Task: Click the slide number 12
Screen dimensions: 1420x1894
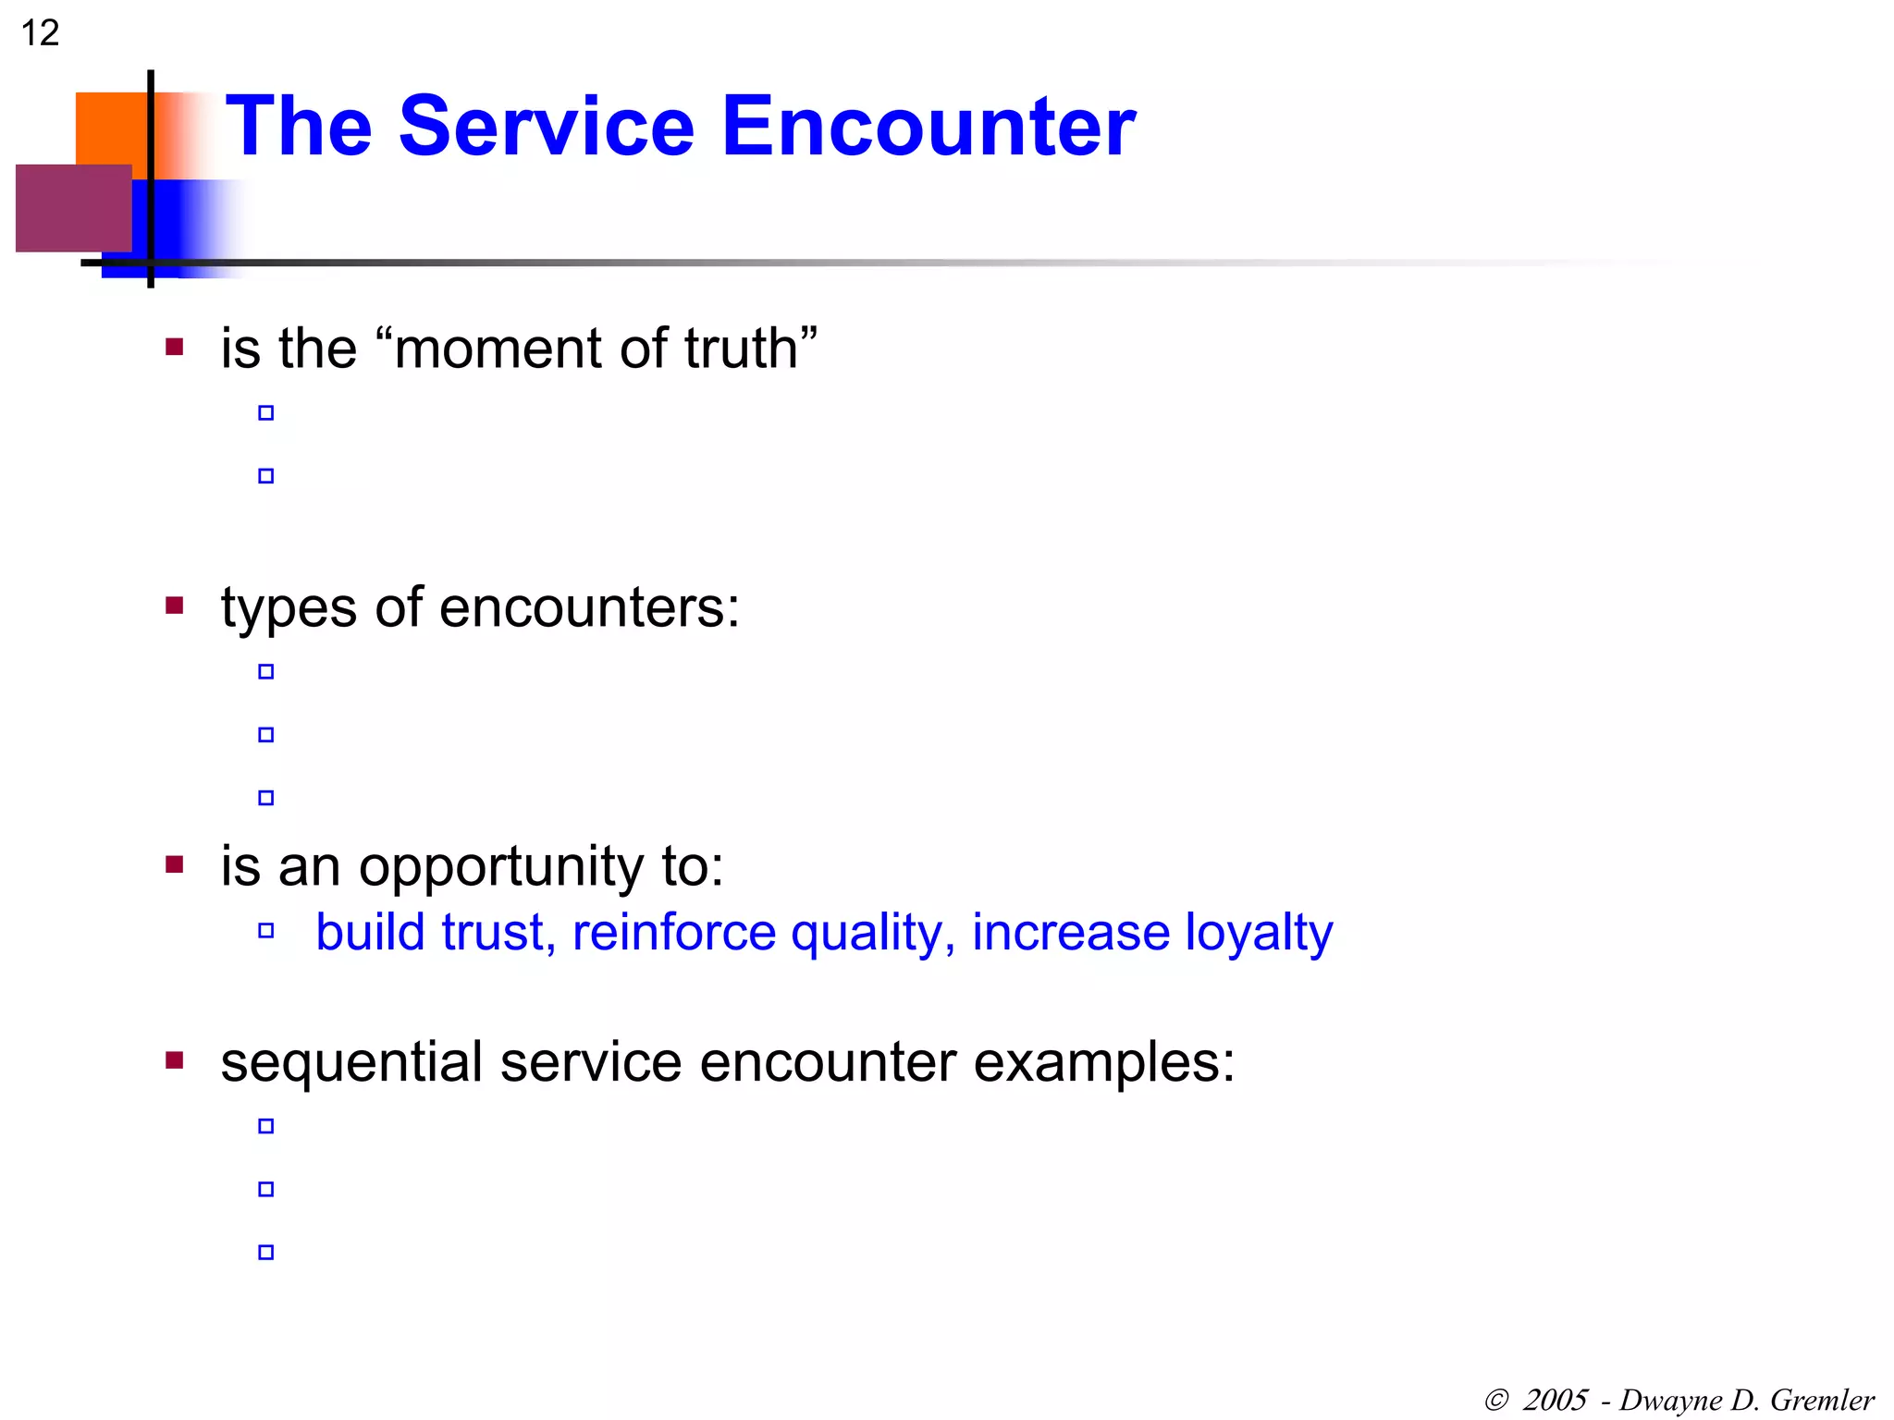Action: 40,33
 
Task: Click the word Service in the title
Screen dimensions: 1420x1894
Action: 546,127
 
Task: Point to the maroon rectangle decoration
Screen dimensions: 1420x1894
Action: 73,208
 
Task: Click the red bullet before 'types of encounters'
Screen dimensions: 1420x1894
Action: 175,606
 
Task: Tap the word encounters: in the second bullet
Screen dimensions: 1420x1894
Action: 589,608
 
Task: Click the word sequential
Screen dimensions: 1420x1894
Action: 351,1063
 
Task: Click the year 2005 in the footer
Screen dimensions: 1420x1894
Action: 1556,1400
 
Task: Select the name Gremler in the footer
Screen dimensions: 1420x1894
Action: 1822,1400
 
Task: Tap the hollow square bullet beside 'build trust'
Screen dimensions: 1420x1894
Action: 266,931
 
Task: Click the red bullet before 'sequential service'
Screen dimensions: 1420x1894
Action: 175,1059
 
